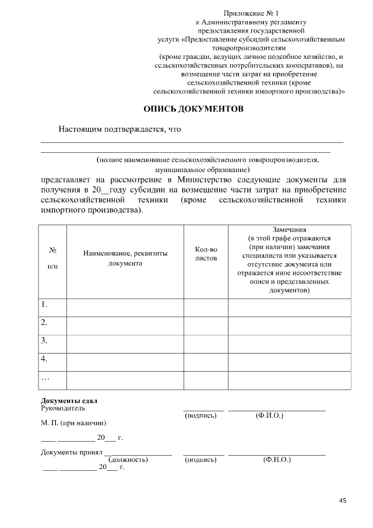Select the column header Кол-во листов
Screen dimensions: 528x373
pyautogui.click(x=206, y=253)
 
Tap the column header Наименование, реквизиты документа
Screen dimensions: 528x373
pyautogui.click(x=125, y=258)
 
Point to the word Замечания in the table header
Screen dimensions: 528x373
pyautogui.click(x=289, y=229)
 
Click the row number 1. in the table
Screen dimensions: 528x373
pyautogui.click(x=44, y=305)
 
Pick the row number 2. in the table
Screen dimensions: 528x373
pyautogui.click(x=44, y=323)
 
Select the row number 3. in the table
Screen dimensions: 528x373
pyautogui.click(x=44, y=341)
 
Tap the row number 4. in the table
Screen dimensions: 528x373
pyautogui.click(x=44, y=359)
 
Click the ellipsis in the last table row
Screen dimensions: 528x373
pyautogui.click(x=45, y=377)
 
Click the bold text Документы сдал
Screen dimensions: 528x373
pyautogui.click(x=69, y=400)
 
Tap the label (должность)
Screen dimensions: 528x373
pyautogui.click(x=128, y=460)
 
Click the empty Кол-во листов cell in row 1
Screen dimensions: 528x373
pyautogui.click(x=206, y=307)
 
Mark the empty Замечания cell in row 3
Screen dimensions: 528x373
pyautogui.click(x=289, y=344)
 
